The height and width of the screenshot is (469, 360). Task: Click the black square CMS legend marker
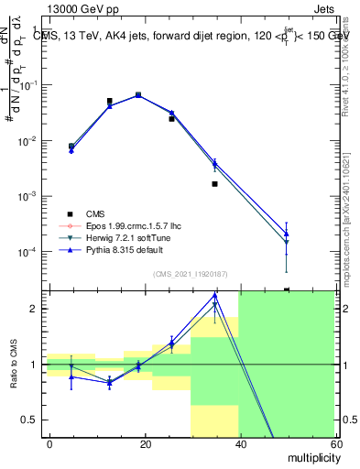(x=66, y=210)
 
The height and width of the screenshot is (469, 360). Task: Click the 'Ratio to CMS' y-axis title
(x=14, y=365)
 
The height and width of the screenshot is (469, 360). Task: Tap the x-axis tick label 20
(x=145, y=443)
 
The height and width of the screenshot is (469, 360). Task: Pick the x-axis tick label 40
(x=240, y=443)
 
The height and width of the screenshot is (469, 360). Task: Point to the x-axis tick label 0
(x=50, y=443)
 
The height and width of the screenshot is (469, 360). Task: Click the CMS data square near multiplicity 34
(x=214, y=184)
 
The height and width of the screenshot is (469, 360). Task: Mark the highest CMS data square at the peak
(x=138, y=94)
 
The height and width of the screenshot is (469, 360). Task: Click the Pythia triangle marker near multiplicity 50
(x=287, y=240)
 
